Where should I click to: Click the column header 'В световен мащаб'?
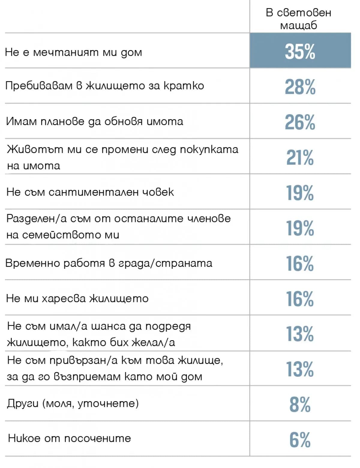pyautogui.click(x=298, y=19)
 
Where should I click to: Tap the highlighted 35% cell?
pyautogui.click(x=300, y=50)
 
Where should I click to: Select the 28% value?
pyautogui.click(x=300, y=87)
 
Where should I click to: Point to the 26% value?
pyautogui.click(x=300, y=122)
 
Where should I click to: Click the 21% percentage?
pyautogui.click(x=300, y=157)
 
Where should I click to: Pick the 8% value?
pyautogui.click(x=300, y=404)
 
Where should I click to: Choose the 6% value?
pyautogui.click(x=300, y=440)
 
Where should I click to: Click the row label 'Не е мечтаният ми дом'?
pyautogui.click(x=73, y=52)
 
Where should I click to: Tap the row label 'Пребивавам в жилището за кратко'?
pyautogui.click(x=105, y=86)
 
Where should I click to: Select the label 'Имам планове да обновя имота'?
pyautogui.click(x=94, y=121)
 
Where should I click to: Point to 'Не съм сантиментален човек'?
pyautogui.click(x=90, y=192)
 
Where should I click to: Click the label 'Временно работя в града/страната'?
pyautogui.click(x=109, y=263)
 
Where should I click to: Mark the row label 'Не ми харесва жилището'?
pyautogui.click(x=77, y=298)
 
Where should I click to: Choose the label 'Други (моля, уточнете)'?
pyautogui.click(x=73, y=403)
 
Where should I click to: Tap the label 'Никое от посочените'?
pyautogui.click(x=69, y=438)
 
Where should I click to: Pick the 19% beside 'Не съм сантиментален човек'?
pyautogui.click(x=300, y=193)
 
